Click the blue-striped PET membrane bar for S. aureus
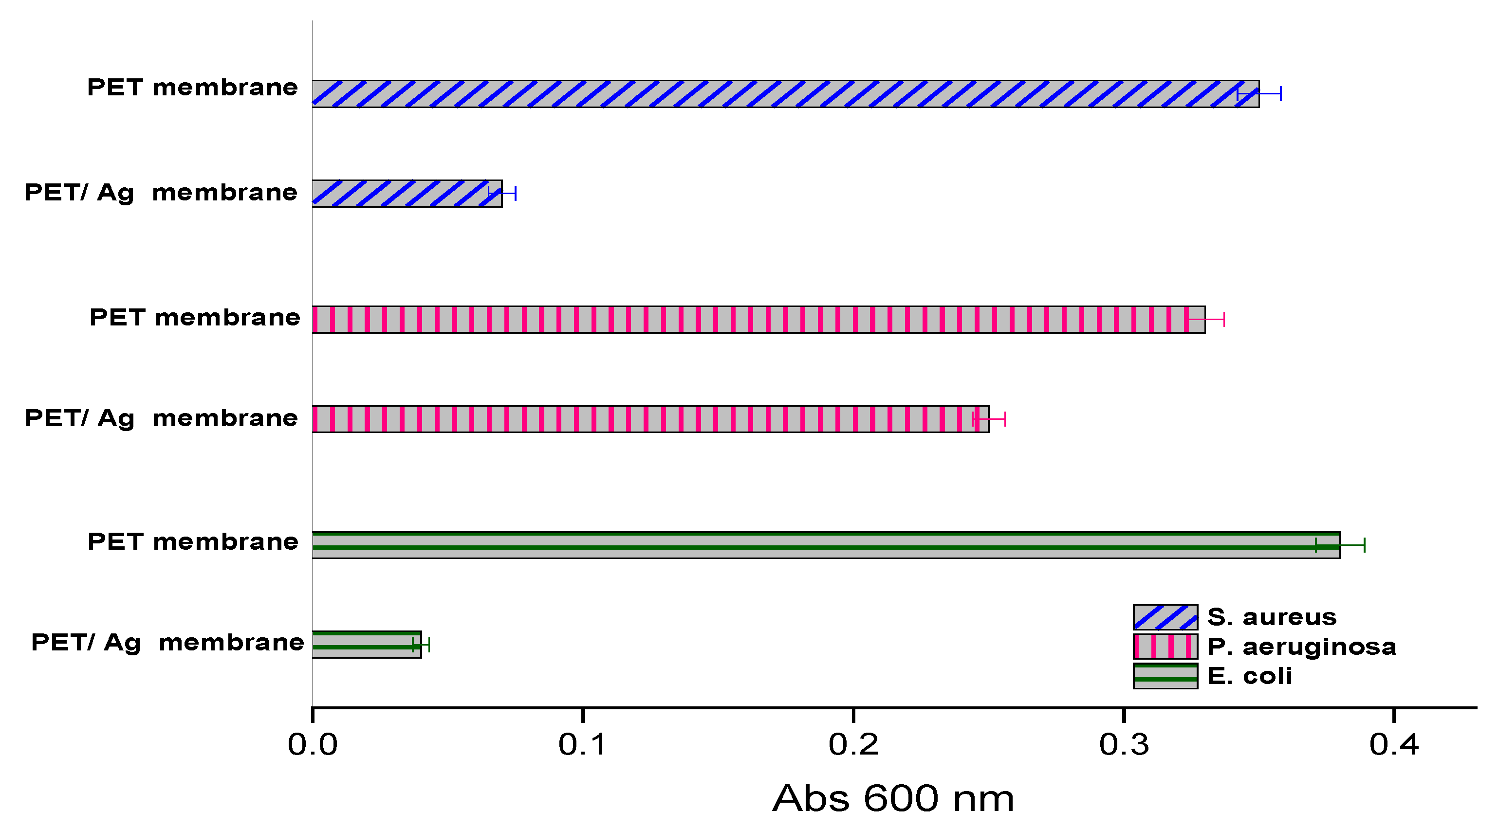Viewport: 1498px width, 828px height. [785, 94]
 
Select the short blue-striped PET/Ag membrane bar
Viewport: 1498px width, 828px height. [407, 194]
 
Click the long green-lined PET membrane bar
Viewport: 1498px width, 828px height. [826, 545]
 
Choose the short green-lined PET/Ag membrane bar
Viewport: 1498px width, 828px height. [367, 645]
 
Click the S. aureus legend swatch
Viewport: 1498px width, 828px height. [1165, 617]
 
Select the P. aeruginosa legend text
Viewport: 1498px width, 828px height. [1301, 647]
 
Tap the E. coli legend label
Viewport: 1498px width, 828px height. [1249, 676]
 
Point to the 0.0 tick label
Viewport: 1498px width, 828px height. [313, 745]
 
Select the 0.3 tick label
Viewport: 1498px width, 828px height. [1124, 745]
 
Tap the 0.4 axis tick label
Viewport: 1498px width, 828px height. [1394, 745]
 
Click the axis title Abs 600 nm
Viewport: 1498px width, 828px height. [893, 799]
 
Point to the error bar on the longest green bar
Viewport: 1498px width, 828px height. [1340, 545]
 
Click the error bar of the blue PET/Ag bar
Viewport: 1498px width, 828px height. [502, 194]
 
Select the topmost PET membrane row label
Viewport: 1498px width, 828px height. [192, 88]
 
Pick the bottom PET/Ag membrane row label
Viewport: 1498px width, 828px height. [167, 643]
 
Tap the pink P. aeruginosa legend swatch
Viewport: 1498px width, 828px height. [1165, 647]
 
